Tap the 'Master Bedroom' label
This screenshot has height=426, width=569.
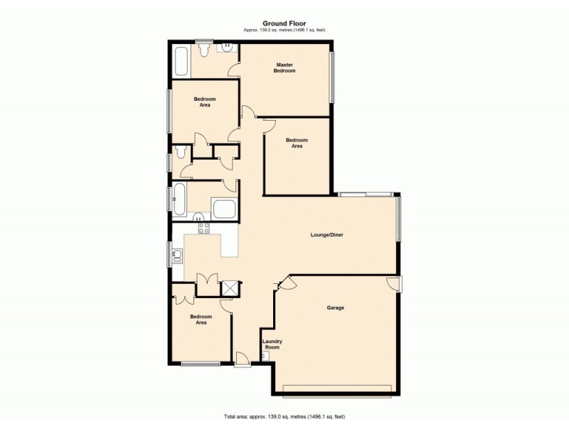[285, 67]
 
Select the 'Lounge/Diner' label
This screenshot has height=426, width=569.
[326, 234]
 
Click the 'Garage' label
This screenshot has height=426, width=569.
[335, 307]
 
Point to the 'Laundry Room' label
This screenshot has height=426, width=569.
[271, 344]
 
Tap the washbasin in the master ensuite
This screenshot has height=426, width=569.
[228, 48]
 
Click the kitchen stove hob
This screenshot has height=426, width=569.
[203, 228]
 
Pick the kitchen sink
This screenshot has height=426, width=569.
[178, 253]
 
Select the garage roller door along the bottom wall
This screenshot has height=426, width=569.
[337, 387]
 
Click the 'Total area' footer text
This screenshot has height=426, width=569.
[284, 416]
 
